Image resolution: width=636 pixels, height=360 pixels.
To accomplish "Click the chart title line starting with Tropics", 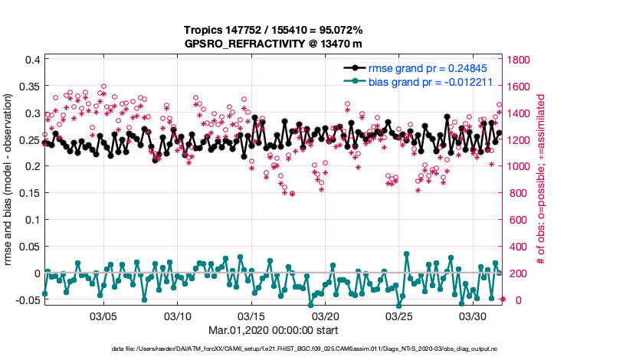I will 273,30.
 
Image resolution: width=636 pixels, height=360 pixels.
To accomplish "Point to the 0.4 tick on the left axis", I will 31,60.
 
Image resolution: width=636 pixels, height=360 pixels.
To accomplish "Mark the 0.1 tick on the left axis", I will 31,220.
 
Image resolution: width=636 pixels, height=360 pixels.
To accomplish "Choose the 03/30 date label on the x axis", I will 473,316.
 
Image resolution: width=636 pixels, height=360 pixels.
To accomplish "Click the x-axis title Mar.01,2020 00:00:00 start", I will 273,330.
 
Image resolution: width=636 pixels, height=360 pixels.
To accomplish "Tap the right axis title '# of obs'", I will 541,181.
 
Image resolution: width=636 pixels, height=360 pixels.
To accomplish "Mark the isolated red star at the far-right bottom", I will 503,299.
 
